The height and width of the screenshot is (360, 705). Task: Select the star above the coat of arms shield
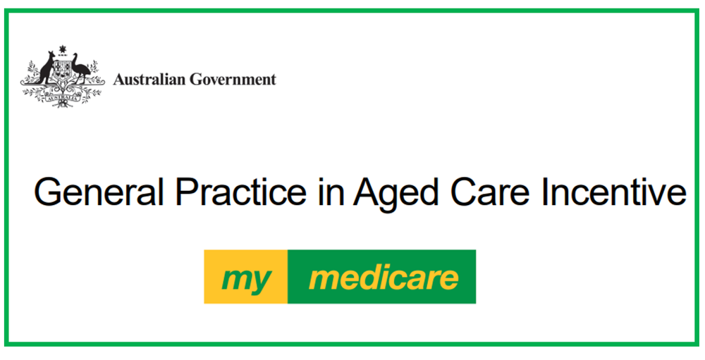(x=62, y=49)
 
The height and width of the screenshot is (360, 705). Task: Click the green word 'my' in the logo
(x=246, y=279)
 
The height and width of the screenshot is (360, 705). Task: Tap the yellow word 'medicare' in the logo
(x=384, y=278)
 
